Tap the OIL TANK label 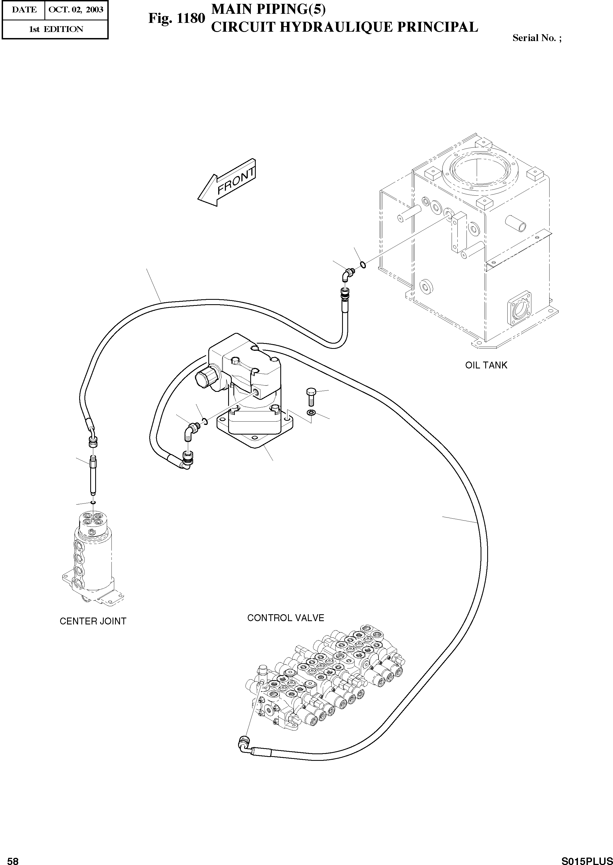(x=486, y=365)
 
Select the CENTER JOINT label (x=93, y=621)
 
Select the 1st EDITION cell (x=56, y=29)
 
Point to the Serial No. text (x=536, y=38)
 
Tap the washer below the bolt (x=311, y=413)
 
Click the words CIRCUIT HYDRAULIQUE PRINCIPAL (x=344, y=27)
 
